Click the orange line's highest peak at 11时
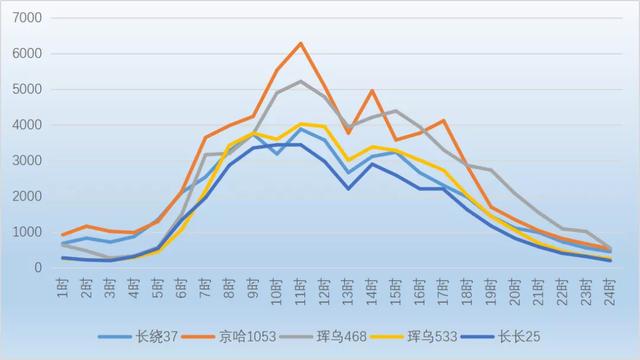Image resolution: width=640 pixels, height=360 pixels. pyautogui.click(x=301, y=43)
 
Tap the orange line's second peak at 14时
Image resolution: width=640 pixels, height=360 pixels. pyautogui.click(x=372, y=91)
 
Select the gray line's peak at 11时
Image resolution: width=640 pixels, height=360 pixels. pyautogui.click(x=301, y=81)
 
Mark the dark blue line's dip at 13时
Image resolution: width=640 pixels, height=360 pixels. pyautogui.click(x=348, y=188)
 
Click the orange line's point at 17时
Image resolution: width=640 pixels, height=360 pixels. pyautogui.click(x=443, y=121)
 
